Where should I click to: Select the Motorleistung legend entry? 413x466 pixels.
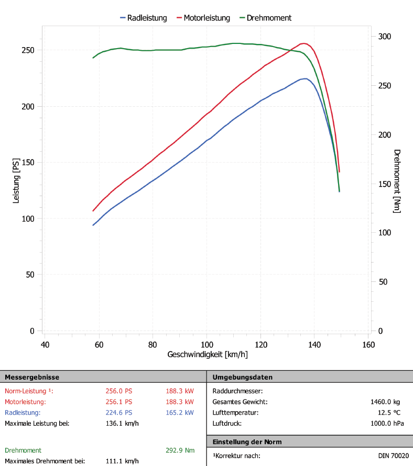(x=207, y=18)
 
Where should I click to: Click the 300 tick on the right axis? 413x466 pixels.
(x=385, y=37)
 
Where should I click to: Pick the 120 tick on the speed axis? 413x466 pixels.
(x=260, y=345)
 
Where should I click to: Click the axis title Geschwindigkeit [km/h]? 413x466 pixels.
(x=208, y=355)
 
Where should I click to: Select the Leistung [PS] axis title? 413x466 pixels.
(x=16, y=181)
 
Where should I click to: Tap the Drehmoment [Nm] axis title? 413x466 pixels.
(x=397, y=181)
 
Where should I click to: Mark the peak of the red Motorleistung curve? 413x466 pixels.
(x=303, y=43)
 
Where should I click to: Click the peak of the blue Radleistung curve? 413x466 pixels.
(x=304, y=78)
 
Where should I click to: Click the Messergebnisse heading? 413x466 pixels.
(x=32, y=377)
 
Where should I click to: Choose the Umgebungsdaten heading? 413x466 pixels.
(x=243, y=377)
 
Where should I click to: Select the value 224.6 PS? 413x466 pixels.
(x=119, y=413)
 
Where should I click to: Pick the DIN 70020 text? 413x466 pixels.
(x=393, y=456)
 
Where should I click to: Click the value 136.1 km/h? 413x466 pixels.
(x=122, y=424)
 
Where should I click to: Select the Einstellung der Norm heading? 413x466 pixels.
(x=247, y=442)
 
